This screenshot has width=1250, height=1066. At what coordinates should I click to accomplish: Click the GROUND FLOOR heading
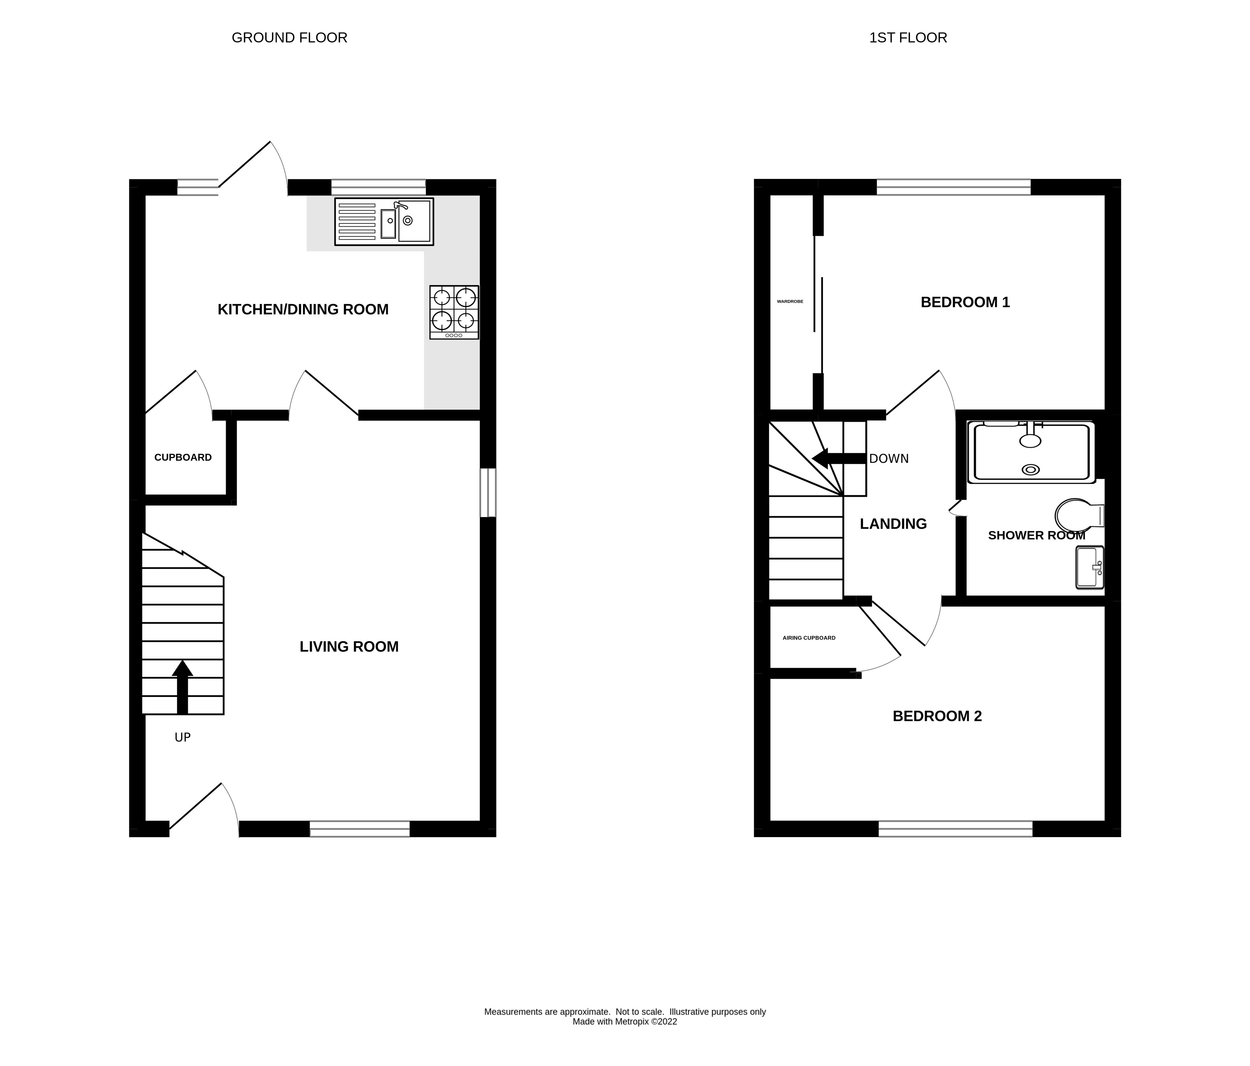tap(289, 37)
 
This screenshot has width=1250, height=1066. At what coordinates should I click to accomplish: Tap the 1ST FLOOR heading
tap(907, 37)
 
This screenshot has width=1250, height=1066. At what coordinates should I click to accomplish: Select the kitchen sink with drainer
tap(384, 221)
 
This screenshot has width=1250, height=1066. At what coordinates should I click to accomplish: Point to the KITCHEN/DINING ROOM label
tap(303, 309)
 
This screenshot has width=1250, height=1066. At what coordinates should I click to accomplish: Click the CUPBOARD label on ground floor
tap(183, 457)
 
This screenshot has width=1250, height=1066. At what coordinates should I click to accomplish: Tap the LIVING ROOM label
tap(349, 647)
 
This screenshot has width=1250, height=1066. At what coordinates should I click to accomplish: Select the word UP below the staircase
tap(182, 737)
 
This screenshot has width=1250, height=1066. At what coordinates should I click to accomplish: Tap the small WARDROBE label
tap(790, 301)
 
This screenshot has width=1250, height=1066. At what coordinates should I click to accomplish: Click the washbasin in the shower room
tap(1090, 567)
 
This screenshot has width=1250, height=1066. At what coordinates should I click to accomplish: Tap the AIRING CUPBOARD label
tap(808, 638)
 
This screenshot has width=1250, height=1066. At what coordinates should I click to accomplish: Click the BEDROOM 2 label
tap(937, 716)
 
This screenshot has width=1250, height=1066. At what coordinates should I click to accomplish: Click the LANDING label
tap(893, 524)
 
